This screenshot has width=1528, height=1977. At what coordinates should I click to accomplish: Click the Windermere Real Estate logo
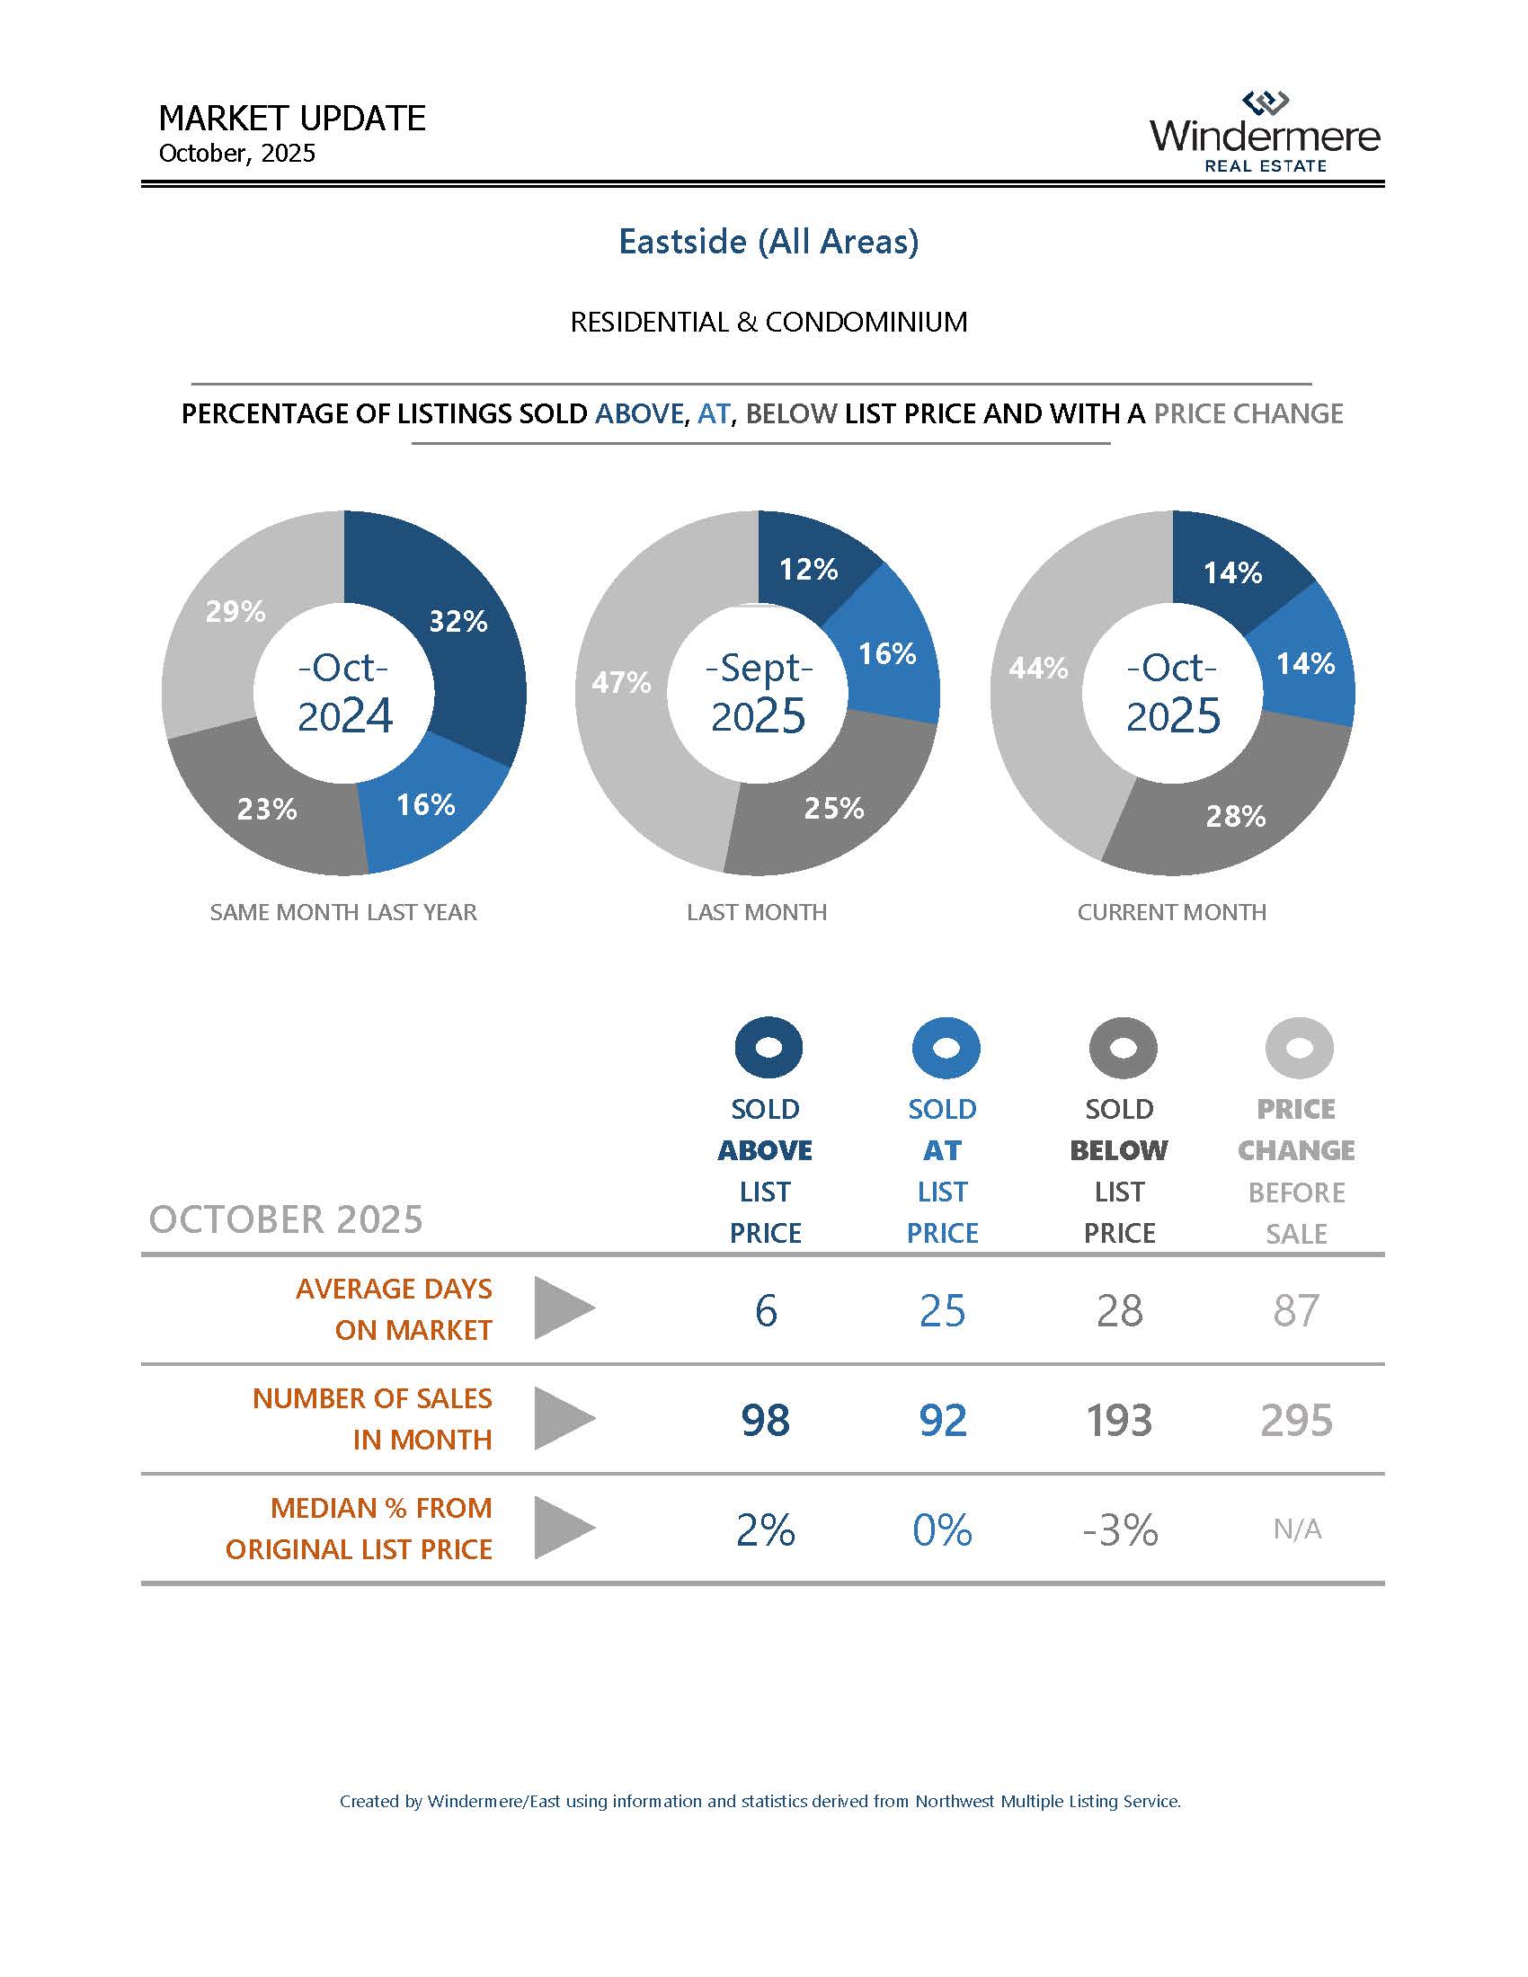[x=1265, y=132]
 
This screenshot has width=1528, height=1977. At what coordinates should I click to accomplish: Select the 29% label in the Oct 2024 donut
[x=235, y=612]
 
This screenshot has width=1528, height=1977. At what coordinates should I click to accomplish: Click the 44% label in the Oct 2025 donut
[x=1038, y=669]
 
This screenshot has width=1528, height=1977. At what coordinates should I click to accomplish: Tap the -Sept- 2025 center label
[x=758, y=693]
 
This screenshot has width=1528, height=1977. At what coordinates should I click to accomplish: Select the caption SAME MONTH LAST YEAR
[x=343, y=911]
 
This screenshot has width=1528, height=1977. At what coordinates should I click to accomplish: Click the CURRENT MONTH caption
[x=1171, y=911]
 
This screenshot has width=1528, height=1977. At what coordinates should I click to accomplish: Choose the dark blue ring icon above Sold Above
[x=768, y=1047]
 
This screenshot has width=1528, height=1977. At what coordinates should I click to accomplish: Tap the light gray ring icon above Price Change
[x=1298, y=1047]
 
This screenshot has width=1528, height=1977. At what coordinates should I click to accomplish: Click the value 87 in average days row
[x=1296, y=1310]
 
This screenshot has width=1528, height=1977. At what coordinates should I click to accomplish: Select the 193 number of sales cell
[x=1119, y=1419]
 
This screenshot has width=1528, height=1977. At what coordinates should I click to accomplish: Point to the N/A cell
[x=1296, y=1529]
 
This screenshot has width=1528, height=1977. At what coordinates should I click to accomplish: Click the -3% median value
[x=1120, y=1529]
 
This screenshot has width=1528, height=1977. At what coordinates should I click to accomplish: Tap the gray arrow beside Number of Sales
[x=563, y=1417]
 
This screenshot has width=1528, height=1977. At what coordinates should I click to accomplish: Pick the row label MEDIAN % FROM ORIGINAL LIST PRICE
[x=360, y=1528]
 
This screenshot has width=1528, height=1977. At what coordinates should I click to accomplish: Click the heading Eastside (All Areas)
[x=768, y=242]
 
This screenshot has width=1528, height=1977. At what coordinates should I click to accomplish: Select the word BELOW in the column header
[x=1119, y=1149]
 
